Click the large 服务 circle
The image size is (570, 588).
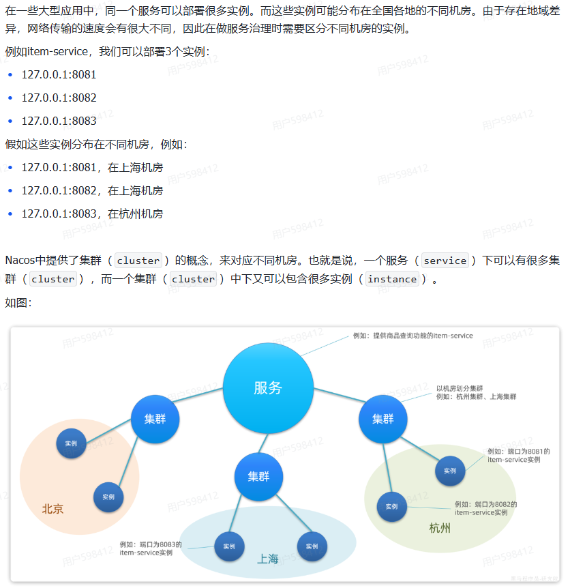[268, 388]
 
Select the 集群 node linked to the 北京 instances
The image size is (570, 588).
[155, 419]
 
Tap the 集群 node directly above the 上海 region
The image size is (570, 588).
[258, 476]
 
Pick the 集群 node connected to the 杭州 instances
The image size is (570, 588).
[382, 419]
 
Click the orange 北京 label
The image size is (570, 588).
[52, 509]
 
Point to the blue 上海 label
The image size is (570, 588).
[268, 559]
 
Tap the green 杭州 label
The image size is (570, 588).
[440, 529]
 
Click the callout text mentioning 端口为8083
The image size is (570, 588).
[151, 548]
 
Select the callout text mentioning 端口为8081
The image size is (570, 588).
[518, 456]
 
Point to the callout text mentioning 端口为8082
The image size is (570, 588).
[485, 508]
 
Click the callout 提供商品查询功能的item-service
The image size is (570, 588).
[412, 336]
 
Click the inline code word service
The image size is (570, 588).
[445, 261]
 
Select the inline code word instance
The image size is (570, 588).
[392, 279]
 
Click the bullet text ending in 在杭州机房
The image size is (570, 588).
[92, 214]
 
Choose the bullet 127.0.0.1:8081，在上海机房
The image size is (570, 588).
[92, 167]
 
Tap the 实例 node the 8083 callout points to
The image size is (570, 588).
[229, 546]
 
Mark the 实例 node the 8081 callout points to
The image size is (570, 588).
[450, 471]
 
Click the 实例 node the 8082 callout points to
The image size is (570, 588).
[391, 506]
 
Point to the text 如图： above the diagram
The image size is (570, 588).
[18, 302]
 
